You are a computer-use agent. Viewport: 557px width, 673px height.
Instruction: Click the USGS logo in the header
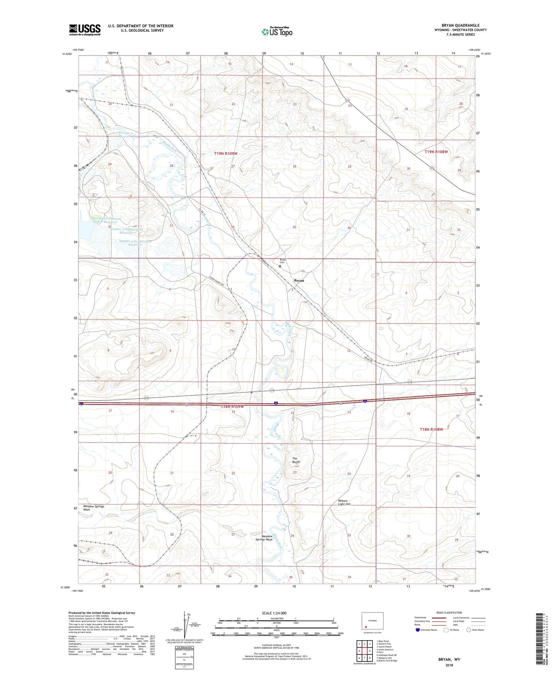click(x=84, y=30)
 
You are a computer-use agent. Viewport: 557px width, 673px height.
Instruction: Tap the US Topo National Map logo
click(x=276, y=31)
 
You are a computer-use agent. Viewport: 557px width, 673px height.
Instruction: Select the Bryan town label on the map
click(x=299, y=281)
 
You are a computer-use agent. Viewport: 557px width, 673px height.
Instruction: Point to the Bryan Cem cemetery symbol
click(x=280, y=266)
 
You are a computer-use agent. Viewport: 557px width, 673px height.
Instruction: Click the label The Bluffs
click(x=296, y=460)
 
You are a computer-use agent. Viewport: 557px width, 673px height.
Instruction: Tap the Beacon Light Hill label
click(x=344, y=502)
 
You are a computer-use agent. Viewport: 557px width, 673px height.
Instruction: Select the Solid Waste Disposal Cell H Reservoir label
click(x=106, y=220)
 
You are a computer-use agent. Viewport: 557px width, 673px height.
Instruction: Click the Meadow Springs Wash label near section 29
click(x=94, y=508)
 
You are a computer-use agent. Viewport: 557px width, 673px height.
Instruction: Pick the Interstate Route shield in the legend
click(x=418, y=630)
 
